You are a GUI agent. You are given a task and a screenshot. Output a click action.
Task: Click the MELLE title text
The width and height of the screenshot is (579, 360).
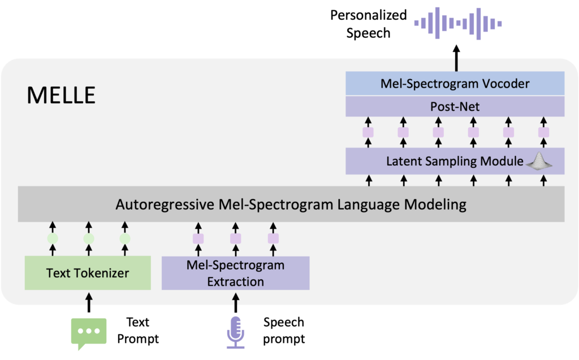(x=61, y=96)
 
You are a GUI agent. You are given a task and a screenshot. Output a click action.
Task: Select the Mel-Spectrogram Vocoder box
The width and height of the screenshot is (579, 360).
(x=455, y=84)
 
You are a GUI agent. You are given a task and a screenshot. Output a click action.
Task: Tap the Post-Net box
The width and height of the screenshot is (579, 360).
(x=455, y=106)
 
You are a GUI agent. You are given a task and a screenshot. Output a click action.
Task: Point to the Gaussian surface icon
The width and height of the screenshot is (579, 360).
(x=538, y=162)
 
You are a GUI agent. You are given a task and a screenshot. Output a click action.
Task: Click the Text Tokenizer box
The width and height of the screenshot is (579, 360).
(x=88, y=273)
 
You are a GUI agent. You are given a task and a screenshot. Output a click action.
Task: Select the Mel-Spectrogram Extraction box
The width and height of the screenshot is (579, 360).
(x=235, y=273)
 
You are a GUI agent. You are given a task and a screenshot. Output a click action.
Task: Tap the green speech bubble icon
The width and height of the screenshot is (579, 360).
(x=88, y=332)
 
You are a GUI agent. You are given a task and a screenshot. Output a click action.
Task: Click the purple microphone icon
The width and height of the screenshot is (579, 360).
(x=236, y=332)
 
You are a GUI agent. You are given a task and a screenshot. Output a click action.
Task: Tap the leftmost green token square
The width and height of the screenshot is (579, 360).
(x=53, y=239)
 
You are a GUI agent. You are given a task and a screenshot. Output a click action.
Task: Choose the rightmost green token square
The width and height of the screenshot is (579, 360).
(x=125, y=239)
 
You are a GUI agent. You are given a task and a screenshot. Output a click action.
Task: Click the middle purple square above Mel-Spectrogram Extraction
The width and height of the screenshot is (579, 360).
(x=236, y=238)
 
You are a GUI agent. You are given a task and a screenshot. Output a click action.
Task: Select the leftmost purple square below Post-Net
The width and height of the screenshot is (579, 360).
(x=368, y=132)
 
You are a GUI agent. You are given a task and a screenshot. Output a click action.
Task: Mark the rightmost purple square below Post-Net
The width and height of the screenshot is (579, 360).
(x=543, y=132)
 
